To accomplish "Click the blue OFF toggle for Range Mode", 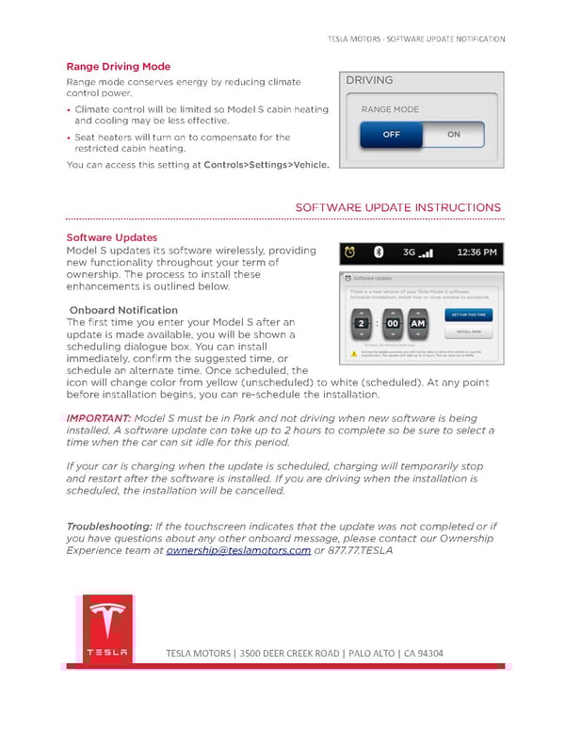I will pos(391,135).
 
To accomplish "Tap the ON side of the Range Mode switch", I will pos(453,135).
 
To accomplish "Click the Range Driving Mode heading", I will pos(118,67).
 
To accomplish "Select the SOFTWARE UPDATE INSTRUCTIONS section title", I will pos(397,207).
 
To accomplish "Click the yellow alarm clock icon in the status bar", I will pos(350,252).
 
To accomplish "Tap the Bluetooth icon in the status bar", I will pos(378,252).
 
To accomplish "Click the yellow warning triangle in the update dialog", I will pos(354,353).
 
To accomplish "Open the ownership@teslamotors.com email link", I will pos(238,551).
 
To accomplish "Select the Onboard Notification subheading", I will pos(123,310).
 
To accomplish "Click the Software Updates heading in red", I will pos(111,237).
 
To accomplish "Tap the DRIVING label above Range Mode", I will pos(369,81).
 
